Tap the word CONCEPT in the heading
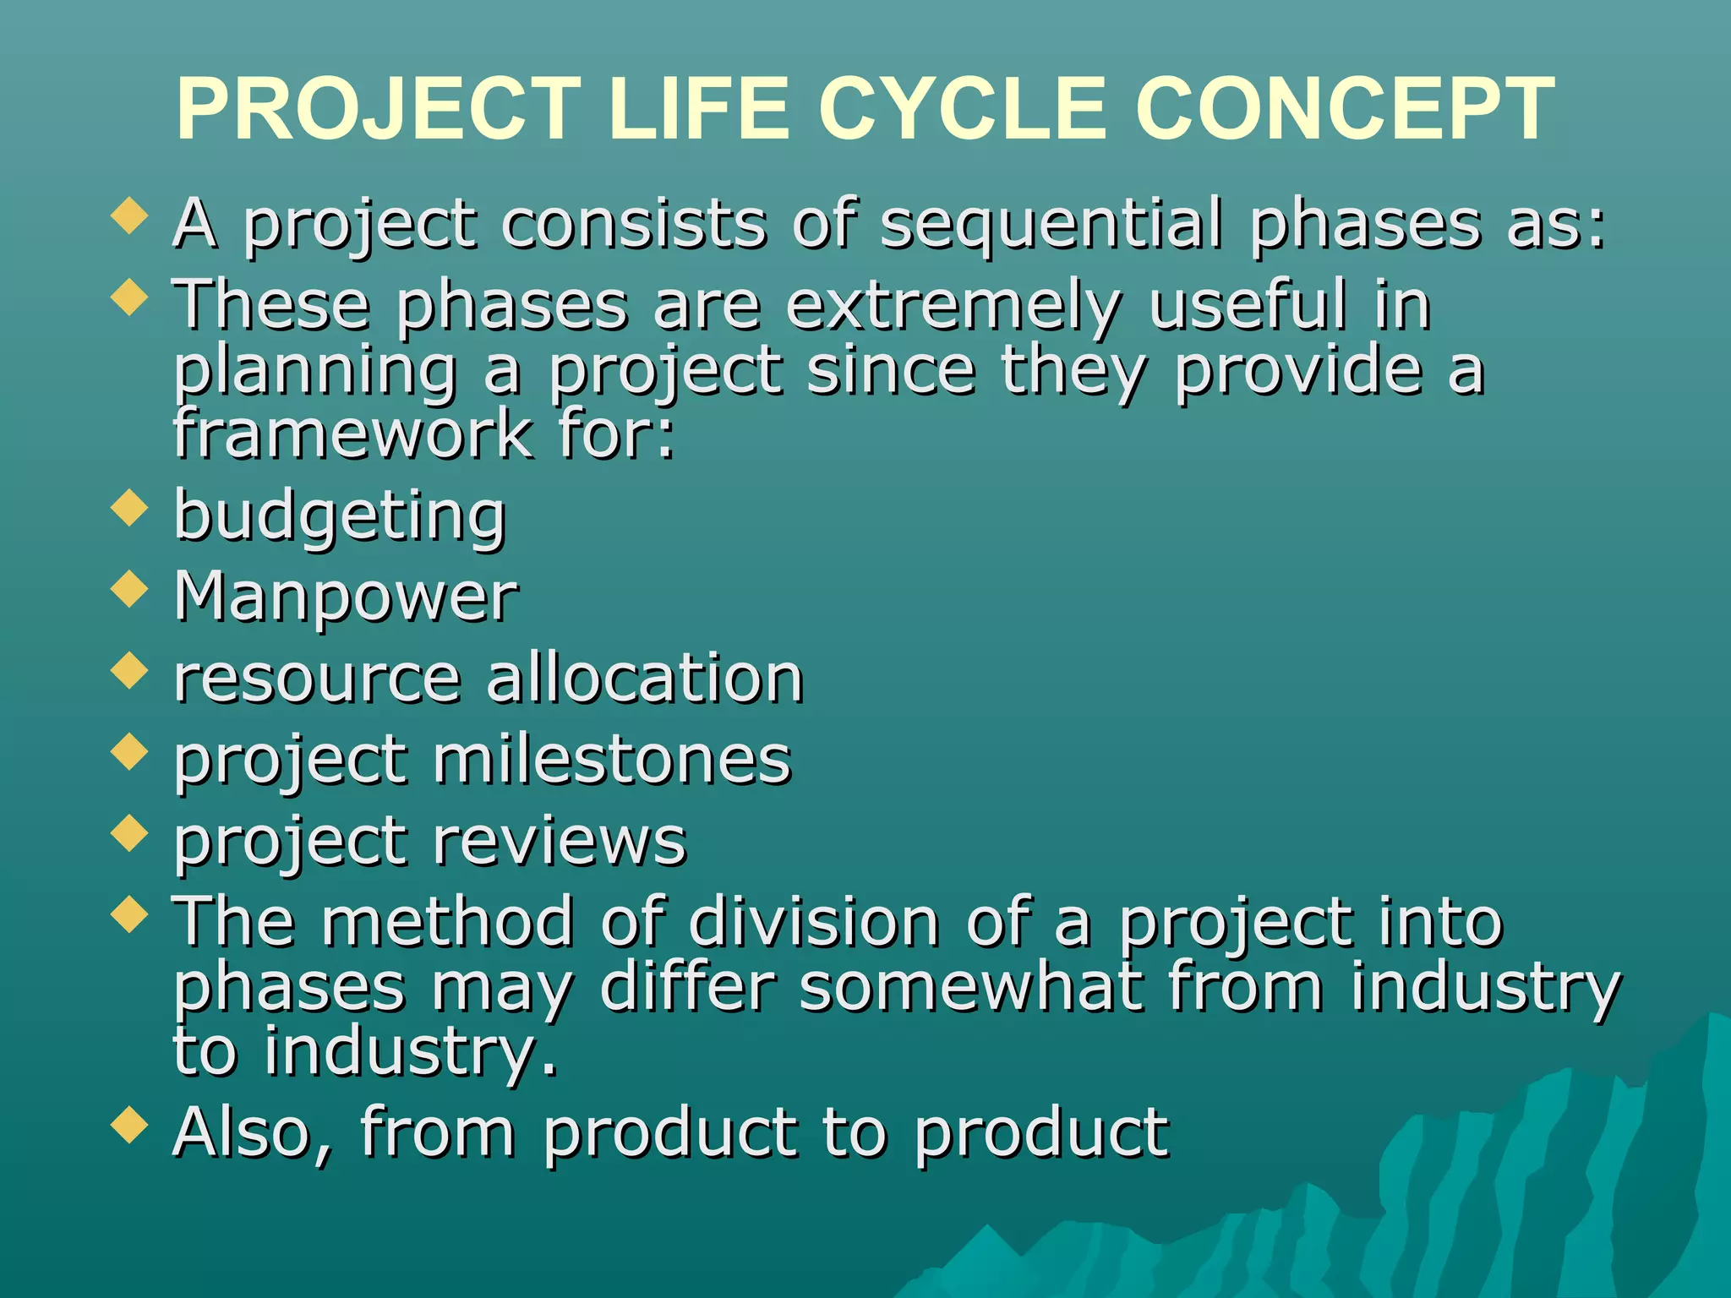point(1344,110)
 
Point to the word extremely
point(954,306)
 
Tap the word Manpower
point(346,597)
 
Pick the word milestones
point(612,760)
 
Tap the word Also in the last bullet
point(252,1132)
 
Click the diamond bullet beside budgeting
point(129,510)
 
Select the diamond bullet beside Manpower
point(129,590)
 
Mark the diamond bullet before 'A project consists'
point(129,216)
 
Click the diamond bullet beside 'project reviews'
point(129,833)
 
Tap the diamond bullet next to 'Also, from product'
point(129,1125)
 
